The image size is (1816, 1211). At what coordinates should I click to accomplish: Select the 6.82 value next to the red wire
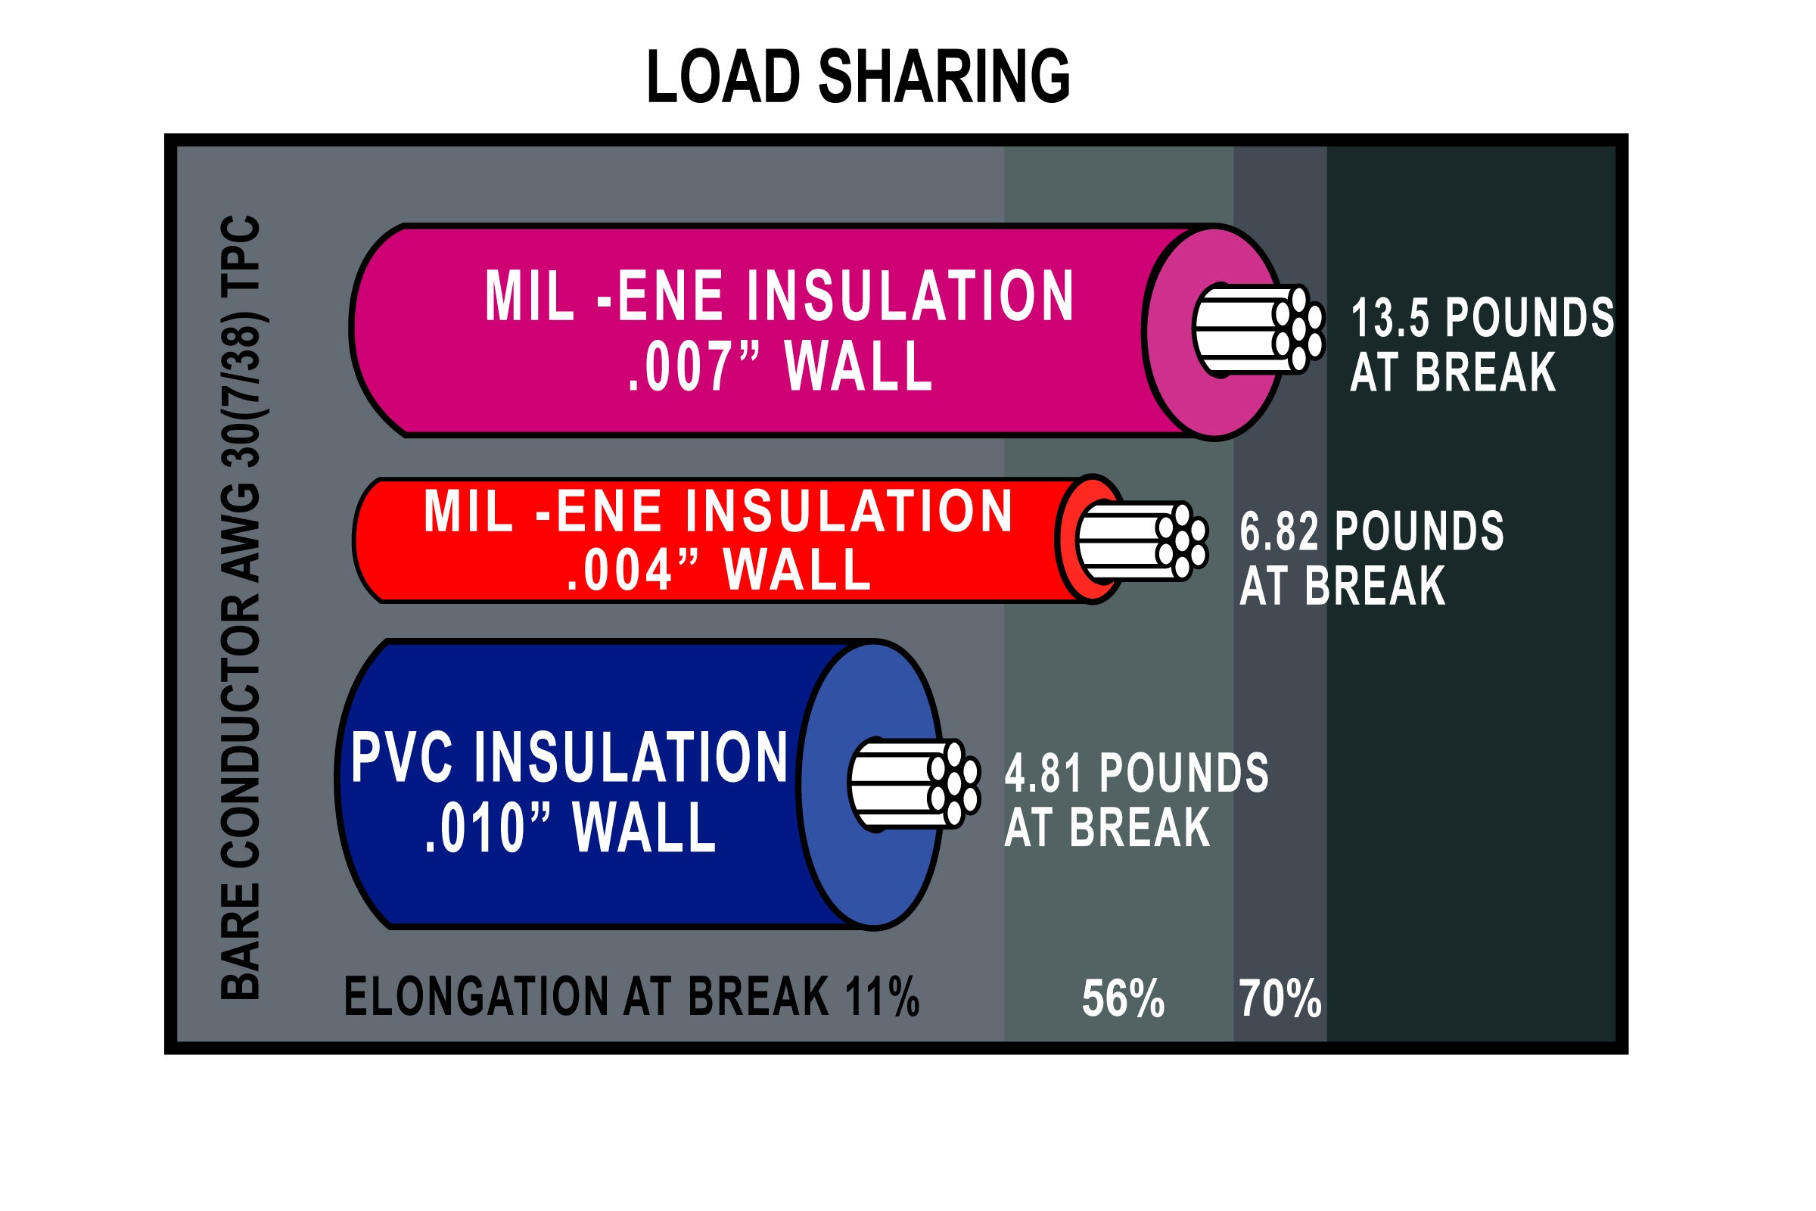click(1279, 531)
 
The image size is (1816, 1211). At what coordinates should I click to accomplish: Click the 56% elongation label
click(1123, 998)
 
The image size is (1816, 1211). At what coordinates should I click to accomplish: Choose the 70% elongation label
click(1280, 998)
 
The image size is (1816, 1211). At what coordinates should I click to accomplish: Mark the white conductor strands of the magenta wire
click(1258, 330)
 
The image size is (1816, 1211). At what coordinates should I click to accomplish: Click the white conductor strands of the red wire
click(1141, 541)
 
